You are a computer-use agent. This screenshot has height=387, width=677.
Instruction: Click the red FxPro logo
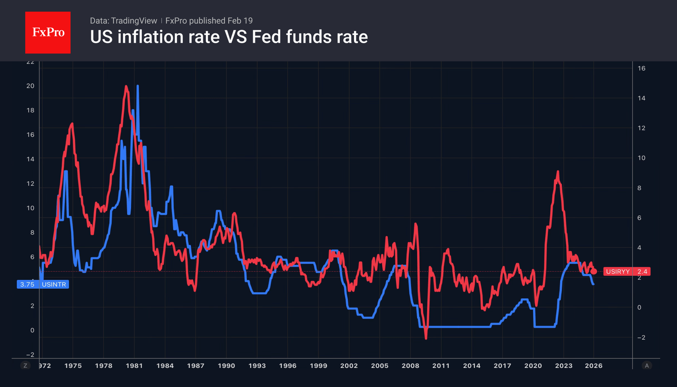[48, 32]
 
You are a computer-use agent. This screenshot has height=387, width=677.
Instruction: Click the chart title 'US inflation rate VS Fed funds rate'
[229, 37]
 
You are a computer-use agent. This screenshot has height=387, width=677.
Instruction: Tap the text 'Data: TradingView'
[123, 21]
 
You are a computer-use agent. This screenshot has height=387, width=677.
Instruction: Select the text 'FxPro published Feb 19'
[209, 21]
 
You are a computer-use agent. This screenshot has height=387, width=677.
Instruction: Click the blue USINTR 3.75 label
[43, 284]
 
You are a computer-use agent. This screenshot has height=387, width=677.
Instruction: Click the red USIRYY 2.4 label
[627, 271]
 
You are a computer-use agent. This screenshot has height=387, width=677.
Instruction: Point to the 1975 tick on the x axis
[73, 366]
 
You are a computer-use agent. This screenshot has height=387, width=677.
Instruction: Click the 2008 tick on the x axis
[410, 366]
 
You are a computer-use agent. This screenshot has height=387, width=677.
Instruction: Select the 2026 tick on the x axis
[594, 366]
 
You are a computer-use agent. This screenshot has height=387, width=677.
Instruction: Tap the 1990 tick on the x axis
[226, 366]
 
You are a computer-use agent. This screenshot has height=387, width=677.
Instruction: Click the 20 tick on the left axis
[30, 86]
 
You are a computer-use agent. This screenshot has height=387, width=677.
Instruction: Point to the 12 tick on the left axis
[30, 183]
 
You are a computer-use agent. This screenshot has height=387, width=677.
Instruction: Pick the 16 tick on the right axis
[641, 68]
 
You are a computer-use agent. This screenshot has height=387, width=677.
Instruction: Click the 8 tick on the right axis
[639, 188]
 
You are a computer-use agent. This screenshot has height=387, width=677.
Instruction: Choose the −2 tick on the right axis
[641, 337]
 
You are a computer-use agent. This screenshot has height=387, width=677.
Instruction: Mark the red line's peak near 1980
[126, 86]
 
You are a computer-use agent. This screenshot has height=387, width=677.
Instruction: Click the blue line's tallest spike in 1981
[138, 86]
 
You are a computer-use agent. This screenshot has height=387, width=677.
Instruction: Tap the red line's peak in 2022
[558, 171]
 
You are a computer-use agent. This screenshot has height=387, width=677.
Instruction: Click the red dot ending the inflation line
[594, 271]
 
